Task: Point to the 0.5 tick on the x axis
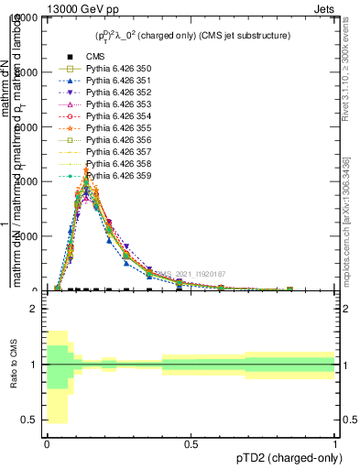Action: (x=191, y=443)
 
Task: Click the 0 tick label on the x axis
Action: (x=47, y=443)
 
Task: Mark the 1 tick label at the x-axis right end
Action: (x=334, y=443)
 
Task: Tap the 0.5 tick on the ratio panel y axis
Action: (x=29, y=420)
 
